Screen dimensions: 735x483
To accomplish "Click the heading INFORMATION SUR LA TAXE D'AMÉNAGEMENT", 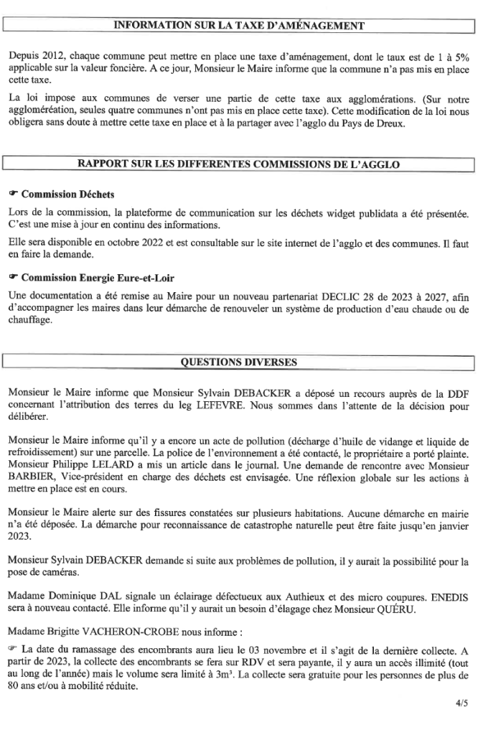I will (x=240, y=26).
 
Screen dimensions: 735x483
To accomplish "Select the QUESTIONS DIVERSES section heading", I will (x=240, y=362).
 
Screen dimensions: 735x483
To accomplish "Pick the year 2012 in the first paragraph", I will (x=54, y=56).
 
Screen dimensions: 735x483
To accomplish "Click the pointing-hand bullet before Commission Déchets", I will (x=14, y=195).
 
